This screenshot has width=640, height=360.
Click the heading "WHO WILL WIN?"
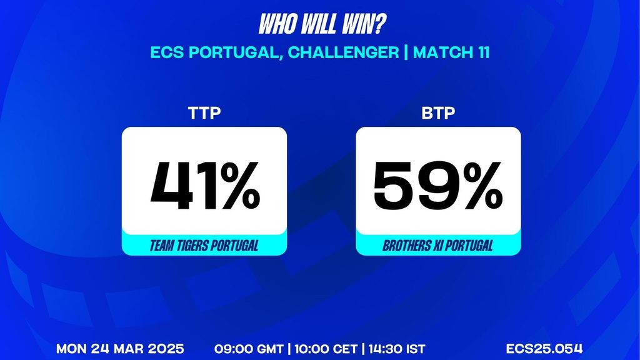[x=322, y=24]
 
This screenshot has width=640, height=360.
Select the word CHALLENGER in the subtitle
[x=343, y=52]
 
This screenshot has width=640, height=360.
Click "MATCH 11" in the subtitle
[x=451, y=52]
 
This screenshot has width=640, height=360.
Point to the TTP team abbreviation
[x=204, y=113]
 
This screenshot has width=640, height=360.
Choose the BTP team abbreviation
[x=438, y=113]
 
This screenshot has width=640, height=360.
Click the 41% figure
[x=205, y=185]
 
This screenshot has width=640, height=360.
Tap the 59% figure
[x=438, y=185]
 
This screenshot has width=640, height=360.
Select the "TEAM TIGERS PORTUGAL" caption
[x=204, y=246]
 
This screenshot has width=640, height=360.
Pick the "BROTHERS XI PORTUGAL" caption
[x=438, y=246]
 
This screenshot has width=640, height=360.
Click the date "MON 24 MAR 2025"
[x=120, y=349]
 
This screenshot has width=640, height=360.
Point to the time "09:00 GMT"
[x=249, y=349]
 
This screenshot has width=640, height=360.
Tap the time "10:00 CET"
[x=326, y=349]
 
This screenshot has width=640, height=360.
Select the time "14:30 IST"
[x=397, y=349]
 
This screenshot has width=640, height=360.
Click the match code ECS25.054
[x=544, y=349]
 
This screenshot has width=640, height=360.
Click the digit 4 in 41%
[x=171, y=185]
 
